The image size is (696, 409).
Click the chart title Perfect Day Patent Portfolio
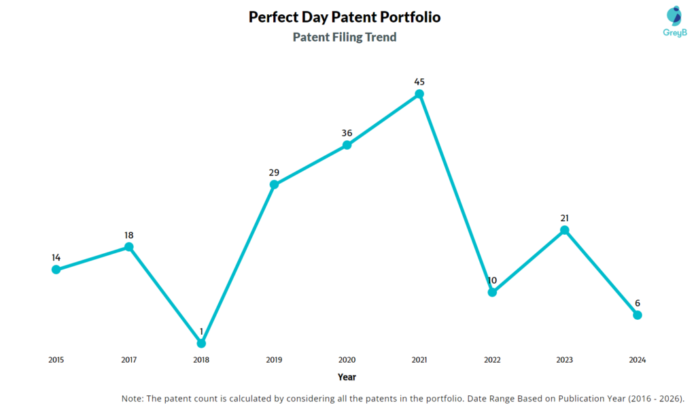(345, 17)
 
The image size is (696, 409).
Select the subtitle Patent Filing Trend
(345, 37)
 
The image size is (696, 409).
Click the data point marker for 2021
(419, 94)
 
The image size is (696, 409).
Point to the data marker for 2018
(201, 343)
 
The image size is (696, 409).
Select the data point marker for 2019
(274, 184)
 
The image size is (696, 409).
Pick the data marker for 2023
(564, 230)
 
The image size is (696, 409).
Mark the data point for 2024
(637, 314)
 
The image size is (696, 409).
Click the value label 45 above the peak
(419, 82)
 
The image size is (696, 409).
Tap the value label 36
(347, 133)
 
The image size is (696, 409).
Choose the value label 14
(56, 257)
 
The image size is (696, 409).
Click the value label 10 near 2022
(492, 280)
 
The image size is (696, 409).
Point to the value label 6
(637, 303)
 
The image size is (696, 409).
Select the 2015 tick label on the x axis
(56, 359)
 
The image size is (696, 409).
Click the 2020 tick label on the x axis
(347, 359)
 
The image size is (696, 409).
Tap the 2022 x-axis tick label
(492, 359)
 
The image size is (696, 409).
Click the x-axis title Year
(347, 377)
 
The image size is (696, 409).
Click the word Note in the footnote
(133, 398)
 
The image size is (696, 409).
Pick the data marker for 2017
(128, 247)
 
